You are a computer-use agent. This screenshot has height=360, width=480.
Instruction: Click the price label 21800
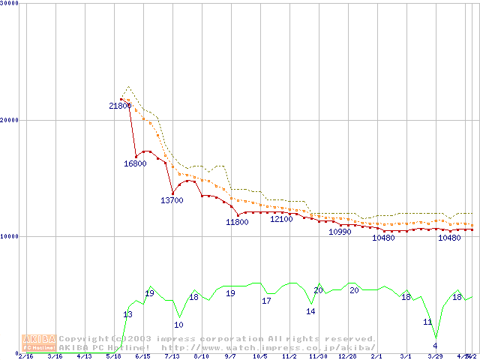tap(120, 106)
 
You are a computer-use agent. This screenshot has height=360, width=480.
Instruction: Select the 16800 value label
tap(135, 163)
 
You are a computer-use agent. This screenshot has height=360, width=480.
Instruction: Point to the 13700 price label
tap(172, 200)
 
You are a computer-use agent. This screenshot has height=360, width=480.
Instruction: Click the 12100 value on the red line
tap(281, 219)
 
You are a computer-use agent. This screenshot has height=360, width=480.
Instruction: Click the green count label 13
tap(127, 314)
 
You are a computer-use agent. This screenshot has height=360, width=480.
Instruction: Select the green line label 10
tap(178, 325)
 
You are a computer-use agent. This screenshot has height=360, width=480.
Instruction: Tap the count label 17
tap(266, 301)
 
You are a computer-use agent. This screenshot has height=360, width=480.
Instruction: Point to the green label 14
tap(310, 311)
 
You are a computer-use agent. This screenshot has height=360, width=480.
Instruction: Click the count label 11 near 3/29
tap(427, 322)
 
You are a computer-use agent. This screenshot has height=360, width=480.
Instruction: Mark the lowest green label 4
tap(435, 346)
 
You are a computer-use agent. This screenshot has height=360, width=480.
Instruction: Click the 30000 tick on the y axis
tap(10, 3)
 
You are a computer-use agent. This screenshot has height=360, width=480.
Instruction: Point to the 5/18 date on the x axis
tap(113, 356)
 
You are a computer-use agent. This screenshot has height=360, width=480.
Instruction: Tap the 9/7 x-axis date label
tap(230, 356)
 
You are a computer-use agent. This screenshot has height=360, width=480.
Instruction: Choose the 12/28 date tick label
tap(347, 356)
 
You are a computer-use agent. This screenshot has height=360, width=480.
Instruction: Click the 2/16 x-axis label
tap(25, 356)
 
